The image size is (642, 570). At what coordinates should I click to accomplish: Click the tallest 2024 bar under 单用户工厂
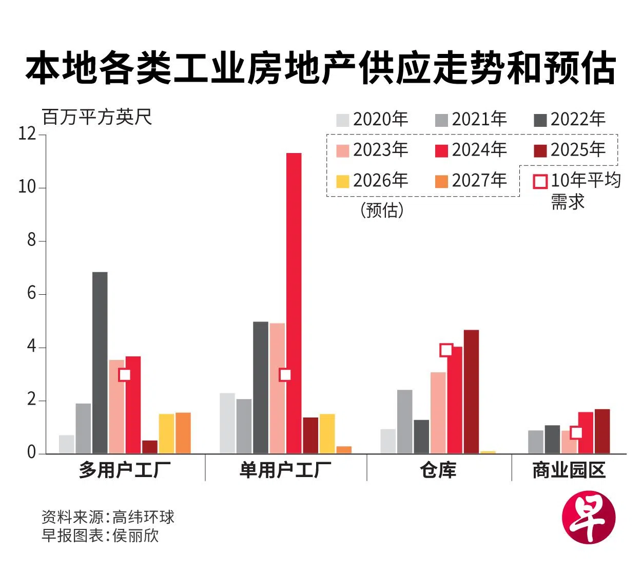294,303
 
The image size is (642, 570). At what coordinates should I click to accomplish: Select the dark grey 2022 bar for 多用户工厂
100,363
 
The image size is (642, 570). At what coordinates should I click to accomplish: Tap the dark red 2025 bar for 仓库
471,392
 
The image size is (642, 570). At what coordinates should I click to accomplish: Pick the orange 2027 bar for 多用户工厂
183,433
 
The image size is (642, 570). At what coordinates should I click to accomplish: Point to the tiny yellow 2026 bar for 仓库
488,452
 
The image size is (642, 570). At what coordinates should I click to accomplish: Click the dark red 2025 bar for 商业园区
602,431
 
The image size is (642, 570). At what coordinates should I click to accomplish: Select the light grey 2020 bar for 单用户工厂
227,423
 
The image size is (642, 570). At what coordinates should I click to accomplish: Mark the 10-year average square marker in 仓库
446,350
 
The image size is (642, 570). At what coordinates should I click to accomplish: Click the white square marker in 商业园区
576,432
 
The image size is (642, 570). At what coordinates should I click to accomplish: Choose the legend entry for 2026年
372,181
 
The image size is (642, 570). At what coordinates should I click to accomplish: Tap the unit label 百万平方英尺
97,117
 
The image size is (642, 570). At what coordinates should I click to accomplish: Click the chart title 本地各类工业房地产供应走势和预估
321,68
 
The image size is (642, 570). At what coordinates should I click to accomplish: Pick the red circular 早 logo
588,517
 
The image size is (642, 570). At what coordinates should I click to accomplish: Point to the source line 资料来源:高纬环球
108,517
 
